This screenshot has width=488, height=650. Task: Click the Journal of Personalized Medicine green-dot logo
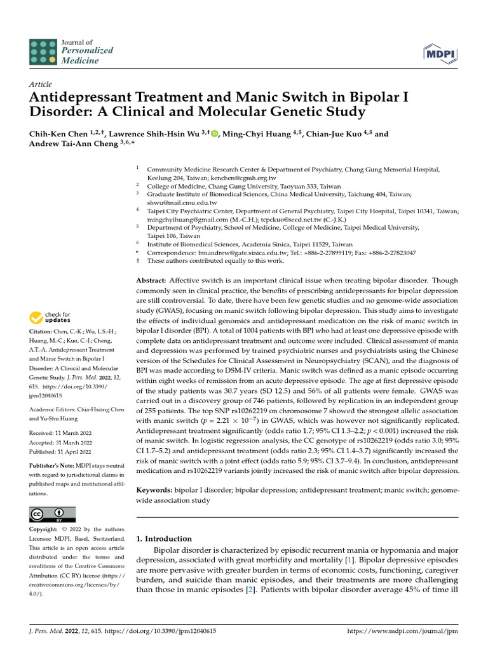[43, 51]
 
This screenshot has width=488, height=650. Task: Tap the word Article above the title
[41, 84]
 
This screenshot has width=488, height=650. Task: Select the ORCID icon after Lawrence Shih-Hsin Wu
[214, 134]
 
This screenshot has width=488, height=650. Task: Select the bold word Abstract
[151, 280]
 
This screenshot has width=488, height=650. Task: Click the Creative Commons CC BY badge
[52, 514]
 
